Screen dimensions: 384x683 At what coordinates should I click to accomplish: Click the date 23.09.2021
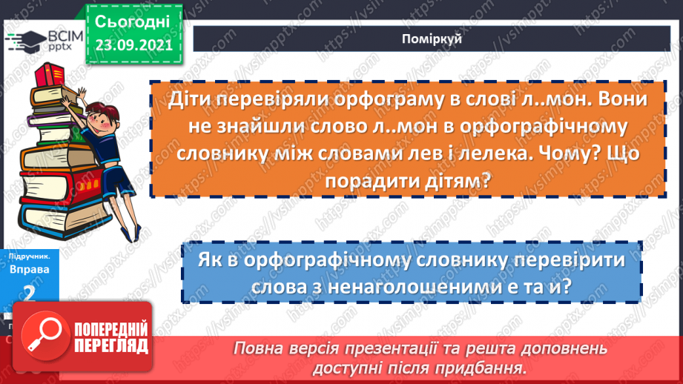pos(133,44)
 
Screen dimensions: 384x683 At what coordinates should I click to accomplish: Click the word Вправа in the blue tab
pos(29,269)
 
